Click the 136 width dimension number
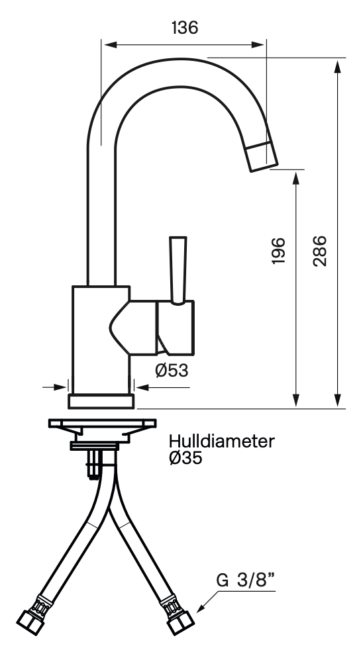tap(185, 28)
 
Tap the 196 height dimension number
tap(278, 251)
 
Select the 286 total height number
tap(320, 251)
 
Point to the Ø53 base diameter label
tap(172, 370)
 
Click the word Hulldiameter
tap(222, 442)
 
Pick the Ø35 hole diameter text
tap(185, 458)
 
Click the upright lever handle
tap(178, 270)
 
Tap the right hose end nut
tap(180, 622)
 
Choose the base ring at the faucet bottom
tap(101, 401)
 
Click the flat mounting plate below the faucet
tap(103, 423)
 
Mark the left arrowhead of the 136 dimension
tap(109, 44)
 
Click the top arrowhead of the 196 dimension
tap(296, 178)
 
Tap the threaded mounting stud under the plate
tap(93, 464)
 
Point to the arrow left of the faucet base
tap(54, 387)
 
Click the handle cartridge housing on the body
tap(176, 328)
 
